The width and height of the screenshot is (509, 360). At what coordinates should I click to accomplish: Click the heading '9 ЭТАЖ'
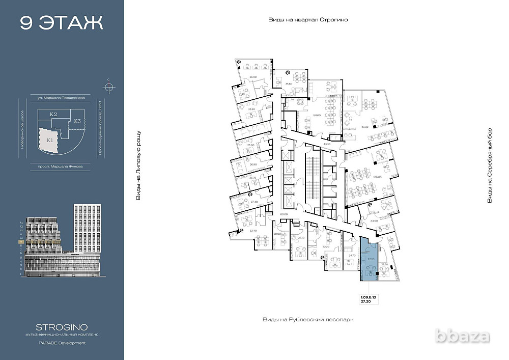tap(62, 23)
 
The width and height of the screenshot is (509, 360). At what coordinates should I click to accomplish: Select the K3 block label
tap(77, 121)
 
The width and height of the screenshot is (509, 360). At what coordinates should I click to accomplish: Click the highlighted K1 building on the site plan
tap(50, 140)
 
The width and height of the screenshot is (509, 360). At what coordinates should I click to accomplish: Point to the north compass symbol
tap(108, 86)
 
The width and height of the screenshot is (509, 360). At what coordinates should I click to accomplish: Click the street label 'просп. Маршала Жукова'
tap(60, 166)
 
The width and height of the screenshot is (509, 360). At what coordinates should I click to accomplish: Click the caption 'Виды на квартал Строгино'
tap(311, 19)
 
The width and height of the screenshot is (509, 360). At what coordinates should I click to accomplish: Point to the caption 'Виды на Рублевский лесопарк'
tap(307, 319)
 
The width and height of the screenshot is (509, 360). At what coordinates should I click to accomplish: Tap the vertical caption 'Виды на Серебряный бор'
tap(490, 165)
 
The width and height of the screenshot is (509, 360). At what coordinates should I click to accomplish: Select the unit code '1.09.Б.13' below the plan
tap(369, 296)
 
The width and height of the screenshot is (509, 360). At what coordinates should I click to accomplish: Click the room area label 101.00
tap(317, 115)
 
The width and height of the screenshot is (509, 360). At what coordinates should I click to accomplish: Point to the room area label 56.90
tap(252, 77)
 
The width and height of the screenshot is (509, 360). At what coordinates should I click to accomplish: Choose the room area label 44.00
tap(374, 221)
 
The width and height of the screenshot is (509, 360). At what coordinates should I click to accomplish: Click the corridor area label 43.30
tap(327, 145)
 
